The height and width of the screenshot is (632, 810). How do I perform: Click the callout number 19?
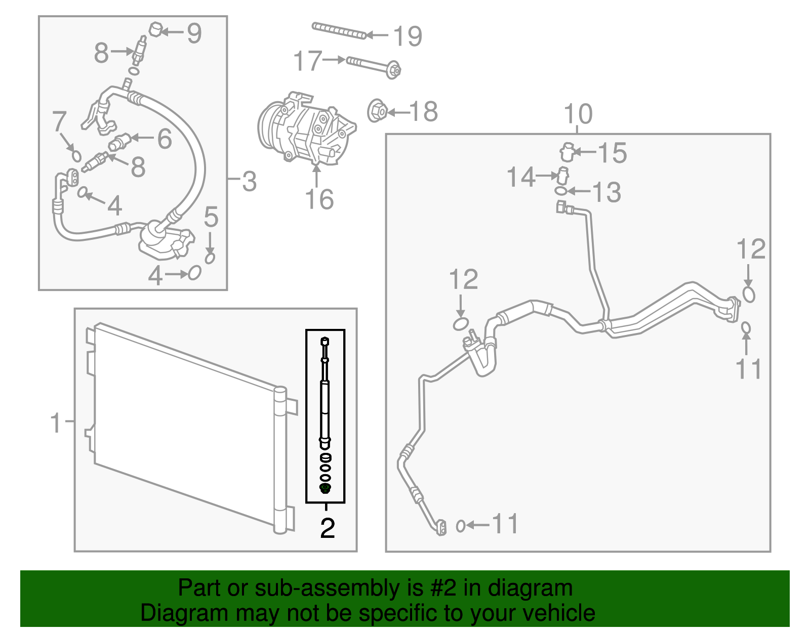pos(408,36)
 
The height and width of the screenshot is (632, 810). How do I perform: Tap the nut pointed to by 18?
pos(377,111)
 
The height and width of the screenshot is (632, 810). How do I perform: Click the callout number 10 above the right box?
pos(578,114)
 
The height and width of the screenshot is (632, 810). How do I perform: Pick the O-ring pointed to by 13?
pos(560,191)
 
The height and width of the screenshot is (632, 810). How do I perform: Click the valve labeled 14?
pos(563,176)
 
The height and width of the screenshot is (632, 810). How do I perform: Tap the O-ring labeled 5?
pos(210,258)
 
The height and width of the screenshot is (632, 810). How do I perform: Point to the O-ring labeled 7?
pos(76,155)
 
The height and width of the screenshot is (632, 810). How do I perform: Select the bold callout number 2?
pos(328,528)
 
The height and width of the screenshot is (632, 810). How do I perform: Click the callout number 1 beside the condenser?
pos(56,423)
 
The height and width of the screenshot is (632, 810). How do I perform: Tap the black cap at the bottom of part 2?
pos(326,488)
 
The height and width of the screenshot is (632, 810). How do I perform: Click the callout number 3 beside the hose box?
pos(249,181)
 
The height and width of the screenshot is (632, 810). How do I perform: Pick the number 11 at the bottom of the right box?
pos(505,524)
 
